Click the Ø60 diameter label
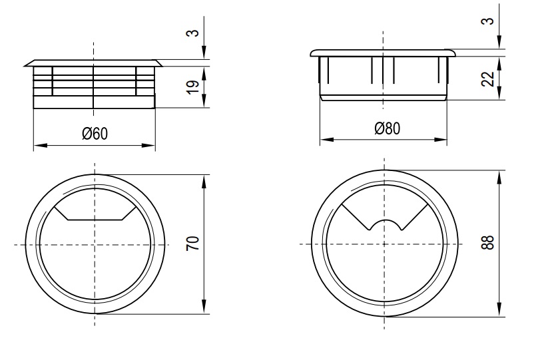point(95,134)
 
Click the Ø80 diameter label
point(387,128)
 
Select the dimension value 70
point(193,244)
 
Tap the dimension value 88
point(487,242)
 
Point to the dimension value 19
point(193,87)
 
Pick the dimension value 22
point(488,79)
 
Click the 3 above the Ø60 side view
point(194,33)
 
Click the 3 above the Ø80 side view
point(488,21)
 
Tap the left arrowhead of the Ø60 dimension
point(40,145)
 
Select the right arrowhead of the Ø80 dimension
point(440,140)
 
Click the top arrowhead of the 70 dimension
point(204,181)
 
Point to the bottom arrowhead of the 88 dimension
point(499,309)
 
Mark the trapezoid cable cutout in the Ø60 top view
point(95,213)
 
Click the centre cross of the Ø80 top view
point(384,244)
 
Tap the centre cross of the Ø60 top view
point(95,245)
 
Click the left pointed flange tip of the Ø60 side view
point(25,65)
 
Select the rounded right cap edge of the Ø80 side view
point(453,53)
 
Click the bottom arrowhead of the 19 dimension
point(204,101)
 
